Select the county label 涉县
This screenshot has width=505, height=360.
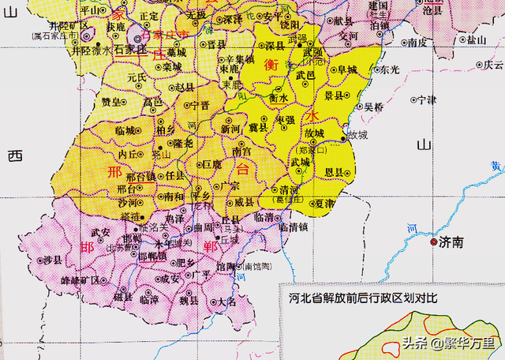(54, 259)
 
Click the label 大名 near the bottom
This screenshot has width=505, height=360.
(226, 302)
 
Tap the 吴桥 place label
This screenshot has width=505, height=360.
(373, 107)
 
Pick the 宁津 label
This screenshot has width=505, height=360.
(427, 99)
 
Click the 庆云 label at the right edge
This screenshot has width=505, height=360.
(493, 65)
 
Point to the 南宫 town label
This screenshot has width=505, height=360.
(242, 150)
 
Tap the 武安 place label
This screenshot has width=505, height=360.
(100, 232)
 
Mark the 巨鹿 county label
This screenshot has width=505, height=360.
(211, 165)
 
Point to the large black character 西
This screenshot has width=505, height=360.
(13, 156)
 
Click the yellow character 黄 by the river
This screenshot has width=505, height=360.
(494, 166)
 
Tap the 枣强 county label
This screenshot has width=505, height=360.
(284, 119)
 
